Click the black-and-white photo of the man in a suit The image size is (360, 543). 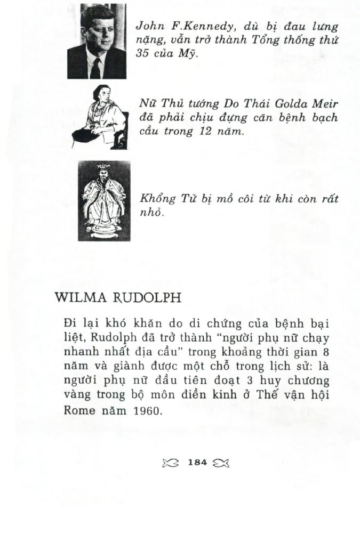pyautogui.click(x=97, y=41)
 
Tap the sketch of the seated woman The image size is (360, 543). pyautogui.click(x=101, y=117)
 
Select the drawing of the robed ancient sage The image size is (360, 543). pyautogui.click(x=104, y=201)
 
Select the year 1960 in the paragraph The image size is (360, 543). pyautogui.click(x=146, y=411)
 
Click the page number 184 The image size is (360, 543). pyautogui.click(x=197, y=463)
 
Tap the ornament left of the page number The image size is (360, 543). pyautogui.click(x=170, y=463)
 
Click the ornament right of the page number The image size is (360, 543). pyautogui.click(x=221, y=463)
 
